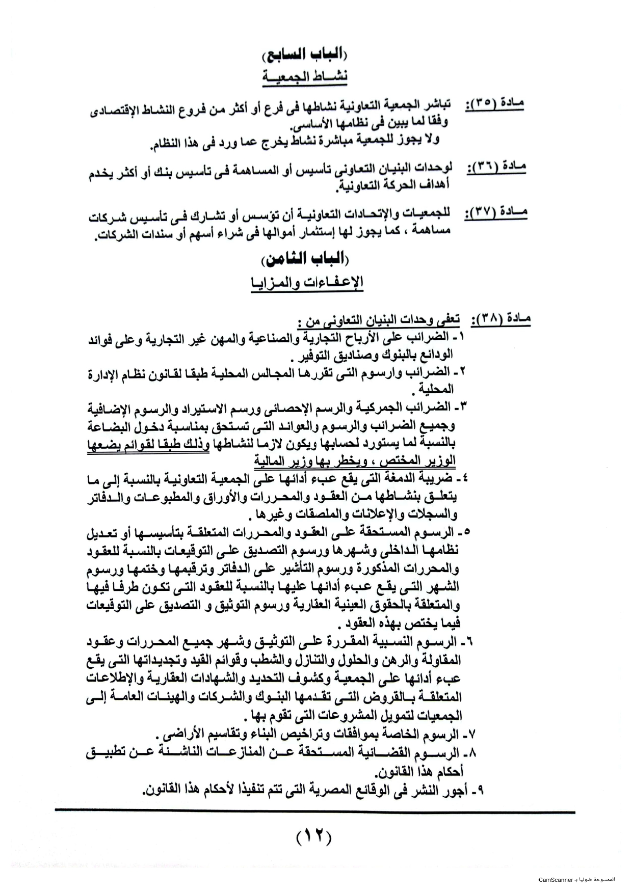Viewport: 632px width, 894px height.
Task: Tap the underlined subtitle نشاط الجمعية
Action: coord(305,76)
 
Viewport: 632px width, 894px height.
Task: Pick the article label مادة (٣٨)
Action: coord(501,320)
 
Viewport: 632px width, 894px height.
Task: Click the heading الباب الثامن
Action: coord(305,260)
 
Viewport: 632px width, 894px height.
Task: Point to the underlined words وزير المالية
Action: coord(288,462)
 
